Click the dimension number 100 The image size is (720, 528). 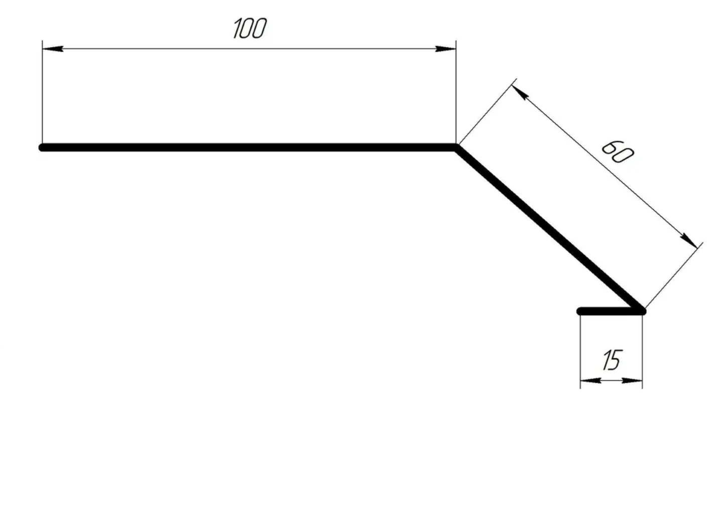pos(250,28)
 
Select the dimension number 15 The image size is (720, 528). pos(613,360)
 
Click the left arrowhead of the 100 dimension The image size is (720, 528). pos(53,49)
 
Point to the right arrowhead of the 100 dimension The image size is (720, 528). pos(445,49)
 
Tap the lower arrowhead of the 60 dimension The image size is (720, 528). pos(689,241)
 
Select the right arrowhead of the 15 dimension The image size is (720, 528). pos(632,381)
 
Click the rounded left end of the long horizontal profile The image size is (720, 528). pos(43,148)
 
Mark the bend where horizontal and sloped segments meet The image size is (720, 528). pos(455,148)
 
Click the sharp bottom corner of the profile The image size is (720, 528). pos(642,311)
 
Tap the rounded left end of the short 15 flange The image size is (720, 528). pos(580,311)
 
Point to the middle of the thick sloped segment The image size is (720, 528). pos(549,229)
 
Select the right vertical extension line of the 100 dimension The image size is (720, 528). pos(456,92)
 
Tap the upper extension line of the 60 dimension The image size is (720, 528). pos(488,111)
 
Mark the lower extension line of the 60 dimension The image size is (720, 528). pos(674,276)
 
